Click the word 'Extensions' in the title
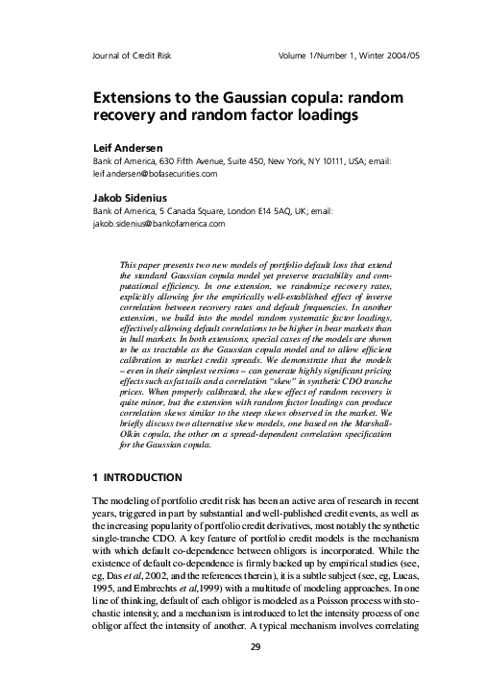(x=136, y=98)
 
